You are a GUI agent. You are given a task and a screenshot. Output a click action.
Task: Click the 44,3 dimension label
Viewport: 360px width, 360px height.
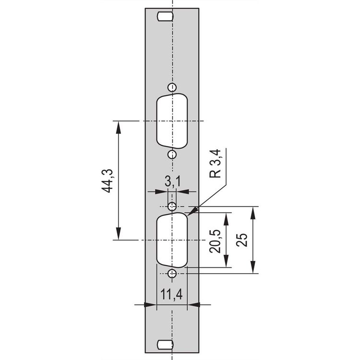coord(107,180)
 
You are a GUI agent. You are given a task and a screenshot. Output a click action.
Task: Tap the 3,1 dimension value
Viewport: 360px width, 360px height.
coord(173,181)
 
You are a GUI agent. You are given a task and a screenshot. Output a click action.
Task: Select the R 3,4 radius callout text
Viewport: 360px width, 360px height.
coord(215,164)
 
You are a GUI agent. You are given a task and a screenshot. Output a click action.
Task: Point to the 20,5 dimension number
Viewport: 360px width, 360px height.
coord(215,241)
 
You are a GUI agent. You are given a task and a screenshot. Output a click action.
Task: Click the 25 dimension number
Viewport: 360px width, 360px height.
coord(242,240)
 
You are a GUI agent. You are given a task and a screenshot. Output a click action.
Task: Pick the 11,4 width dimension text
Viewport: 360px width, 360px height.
coord(171,294)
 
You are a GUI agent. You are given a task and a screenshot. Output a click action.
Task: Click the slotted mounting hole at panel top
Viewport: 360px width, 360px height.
coord(165,17)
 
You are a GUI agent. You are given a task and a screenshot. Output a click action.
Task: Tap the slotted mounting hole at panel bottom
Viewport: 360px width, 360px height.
coord(165,344)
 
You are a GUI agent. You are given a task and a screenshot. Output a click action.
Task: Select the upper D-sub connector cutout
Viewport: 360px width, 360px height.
coord(172,121)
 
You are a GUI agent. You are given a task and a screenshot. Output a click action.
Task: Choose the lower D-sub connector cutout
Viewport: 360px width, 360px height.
coord(172,240)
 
